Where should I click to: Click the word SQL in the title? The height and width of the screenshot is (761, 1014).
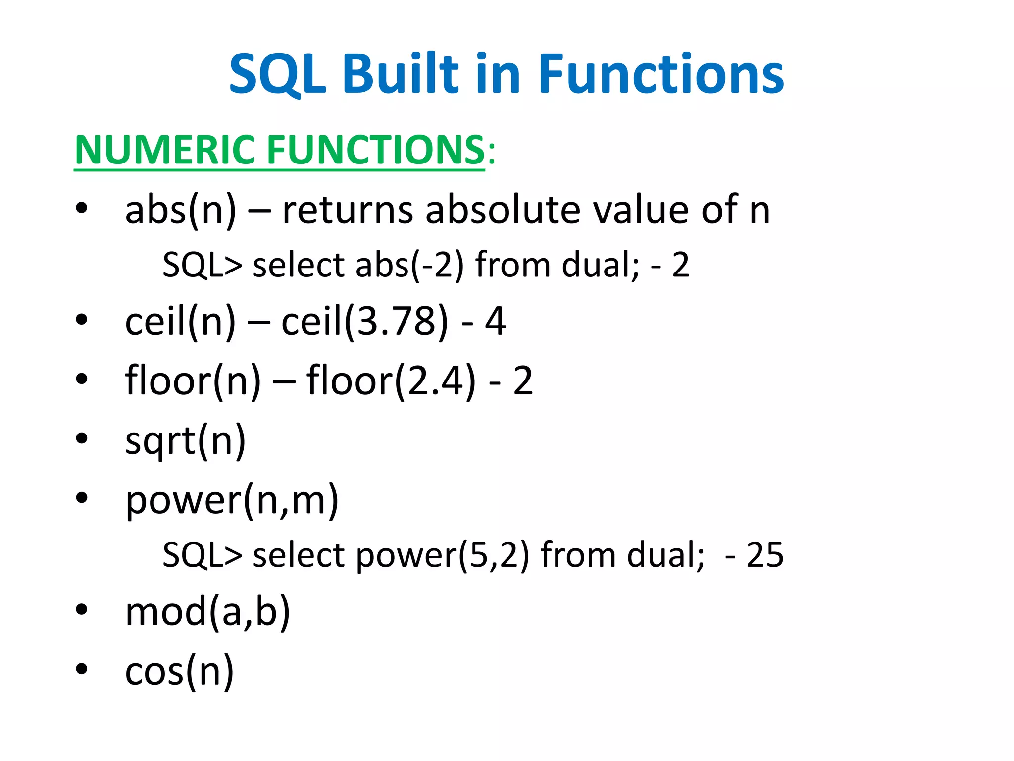[277, 74]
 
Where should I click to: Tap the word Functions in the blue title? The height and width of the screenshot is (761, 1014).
[661, 74]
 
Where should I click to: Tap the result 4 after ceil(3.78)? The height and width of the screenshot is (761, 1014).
[495, 322]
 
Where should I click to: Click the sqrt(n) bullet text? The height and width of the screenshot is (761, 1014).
[186, 440]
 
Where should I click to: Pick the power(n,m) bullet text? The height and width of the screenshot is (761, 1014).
[232, 500]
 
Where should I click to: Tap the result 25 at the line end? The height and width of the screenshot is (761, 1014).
[765, 555]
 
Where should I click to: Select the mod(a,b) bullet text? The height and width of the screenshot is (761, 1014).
[208, 612]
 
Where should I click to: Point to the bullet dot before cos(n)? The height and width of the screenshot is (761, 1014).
[82, 669]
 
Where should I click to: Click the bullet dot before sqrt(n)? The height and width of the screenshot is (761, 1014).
[82, 438]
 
